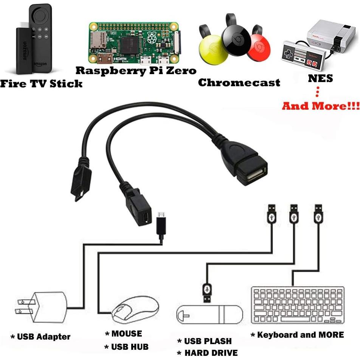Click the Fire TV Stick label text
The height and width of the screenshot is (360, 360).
[x=41, y=83]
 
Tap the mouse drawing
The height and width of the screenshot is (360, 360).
[x=135, y=309]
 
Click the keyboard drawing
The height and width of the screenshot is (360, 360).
[x=298, y=305]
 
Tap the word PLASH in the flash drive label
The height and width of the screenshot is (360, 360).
[x=218, y=341]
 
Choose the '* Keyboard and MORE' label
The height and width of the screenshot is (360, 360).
[x=298, y=335]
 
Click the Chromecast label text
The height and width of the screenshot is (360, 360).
[x=239, y=82]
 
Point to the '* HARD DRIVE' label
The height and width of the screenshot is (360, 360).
[x=208, y=353]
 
